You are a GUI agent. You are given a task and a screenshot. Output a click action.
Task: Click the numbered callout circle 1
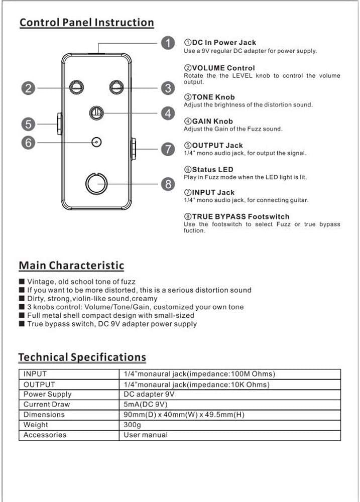[168, 43]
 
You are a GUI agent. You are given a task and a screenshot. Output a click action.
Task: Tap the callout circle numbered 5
[29, 123]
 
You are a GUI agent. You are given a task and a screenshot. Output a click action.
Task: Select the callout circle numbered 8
[168, 184]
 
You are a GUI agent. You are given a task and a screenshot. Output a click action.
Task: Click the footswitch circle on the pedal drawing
[96, 184]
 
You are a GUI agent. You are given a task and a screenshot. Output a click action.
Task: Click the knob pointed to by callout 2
[76, 88]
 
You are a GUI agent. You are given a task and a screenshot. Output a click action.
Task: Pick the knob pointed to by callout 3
[117, 88]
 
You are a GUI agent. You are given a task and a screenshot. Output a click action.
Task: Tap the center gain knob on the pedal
[96, 113]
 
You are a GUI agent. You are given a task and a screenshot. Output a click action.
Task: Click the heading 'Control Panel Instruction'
[86, 23]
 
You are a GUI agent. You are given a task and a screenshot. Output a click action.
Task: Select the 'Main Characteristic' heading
[71, 266]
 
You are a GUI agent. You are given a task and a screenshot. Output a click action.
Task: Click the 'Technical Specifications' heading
[82, 357]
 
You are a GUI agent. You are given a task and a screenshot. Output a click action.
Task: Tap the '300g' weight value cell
[133, 425]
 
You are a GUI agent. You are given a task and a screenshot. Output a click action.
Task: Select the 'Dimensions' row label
[44, 415]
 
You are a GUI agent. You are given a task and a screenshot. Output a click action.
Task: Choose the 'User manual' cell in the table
[146, 435]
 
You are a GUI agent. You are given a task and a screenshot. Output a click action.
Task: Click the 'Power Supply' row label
[48, 394]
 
